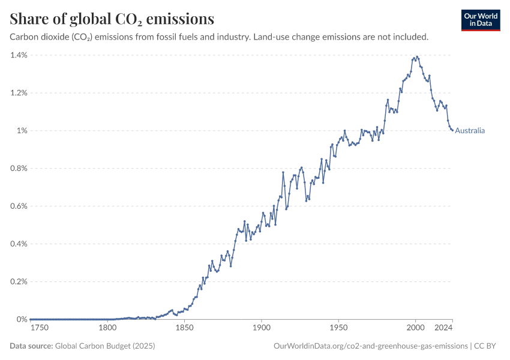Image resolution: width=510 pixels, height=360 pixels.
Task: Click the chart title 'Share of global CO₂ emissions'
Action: (x=112, y=19)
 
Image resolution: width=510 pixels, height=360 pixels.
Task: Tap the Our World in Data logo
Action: (x=481, y=20)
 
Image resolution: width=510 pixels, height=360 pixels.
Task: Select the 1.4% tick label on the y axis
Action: (x=19, y=55)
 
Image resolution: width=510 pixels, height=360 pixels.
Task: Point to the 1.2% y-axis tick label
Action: (x=19, y=93)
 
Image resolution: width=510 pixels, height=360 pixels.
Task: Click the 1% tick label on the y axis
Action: (x=22, y=131)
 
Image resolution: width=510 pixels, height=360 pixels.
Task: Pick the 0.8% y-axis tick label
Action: (x=19, y=169)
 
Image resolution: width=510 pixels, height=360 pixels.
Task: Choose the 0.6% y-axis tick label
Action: (x=19, y=206)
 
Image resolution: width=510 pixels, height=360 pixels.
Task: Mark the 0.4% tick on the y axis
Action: (x=19, y=244)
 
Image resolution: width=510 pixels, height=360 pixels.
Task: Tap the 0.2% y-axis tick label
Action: (x=19, y=282)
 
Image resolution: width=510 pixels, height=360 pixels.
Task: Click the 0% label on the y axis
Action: (x=22, y=319)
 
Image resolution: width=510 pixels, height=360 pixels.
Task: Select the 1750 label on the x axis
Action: (x=39, y=328)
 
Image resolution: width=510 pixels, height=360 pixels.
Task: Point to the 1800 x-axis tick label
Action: (x=107, y=328)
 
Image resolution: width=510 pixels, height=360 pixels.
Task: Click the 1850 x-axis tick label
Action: (x=184, y=328)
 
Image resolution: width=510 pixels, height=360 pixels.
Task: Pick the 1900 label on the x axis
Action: (x=261, y=328)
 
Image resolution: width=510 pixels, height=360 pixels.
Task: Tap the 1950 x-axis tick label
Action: (x=338, y=328)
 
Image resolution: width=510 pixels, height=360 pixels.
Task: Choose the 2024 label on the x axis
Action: (x=443, y=328)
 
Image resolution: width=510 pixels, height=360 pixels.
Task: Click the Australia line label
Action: (x=470, y=131)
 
